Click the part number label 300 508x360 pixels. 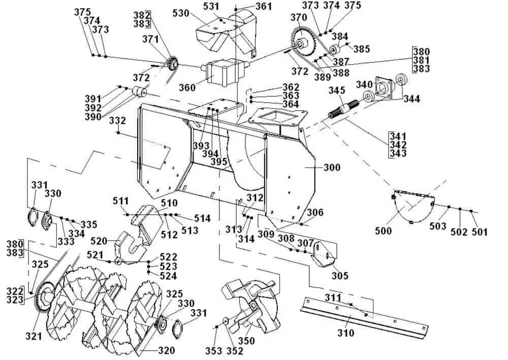pos(332,168)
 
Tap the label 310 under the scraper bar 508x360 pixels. pos(345,333)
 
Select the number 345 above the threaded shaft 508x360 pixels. pos(337,90)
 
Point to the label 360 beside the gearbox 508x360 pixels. pos(187,87)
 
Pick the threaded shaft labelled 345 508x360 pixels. pos(344,110)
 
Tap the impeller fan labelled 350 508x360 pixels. pos(250,306)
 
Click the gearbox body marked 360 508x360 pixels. pos(224,72)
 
